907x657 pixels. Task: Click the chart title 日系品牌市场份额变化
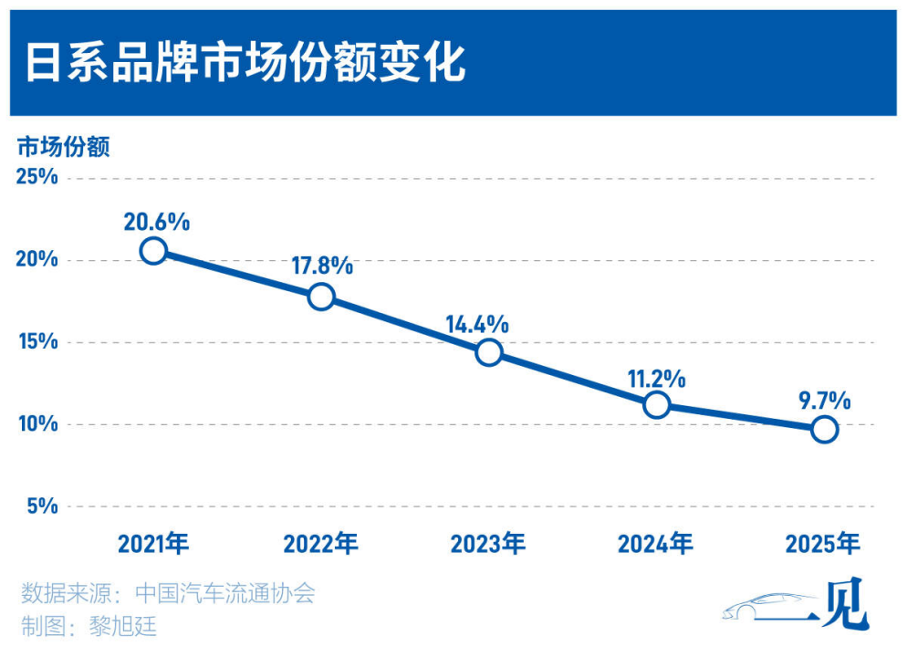pyautogui.click(x=245, y=63)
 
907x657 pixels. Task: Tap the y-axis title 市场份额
pyautogui.click(x=64, y=147)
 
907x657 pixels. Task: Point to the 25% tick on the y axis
pyautogui.click(x=38, y=177)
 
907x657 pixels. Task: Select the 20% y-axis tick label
pyautogui.click(x=38, y=260)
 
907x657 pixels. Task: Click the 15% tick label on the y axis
pyautogui.click(x=38, y=342)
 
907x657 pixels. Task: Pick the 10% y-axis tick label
pyautogui.click(x=38, y=424)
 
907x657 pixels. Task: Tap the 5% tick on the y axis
pyautogui.click(x=43, y=506)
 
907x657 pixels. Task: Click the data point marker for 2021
pyautogui.click(x=154, y=251)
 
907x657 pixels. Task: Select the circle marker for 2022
pyautogui.click(x=321, y=297)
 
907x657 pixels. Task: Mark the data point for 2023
pyautogui.click(x=489, y=352)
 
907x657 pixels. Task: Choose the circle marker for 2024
pyautogui.click(x=656, y=405)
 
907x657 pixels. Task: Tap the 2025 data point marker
pyautogui.click(x=824, y=429)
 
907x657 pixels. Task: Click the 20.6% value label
pyautogui.click(x=158, y=221)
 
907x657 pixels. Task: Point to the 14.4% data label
pyautogui.click(x=477, y=324)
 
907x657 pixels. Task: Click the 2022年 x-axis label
pyautogui.click(x=321, y=545)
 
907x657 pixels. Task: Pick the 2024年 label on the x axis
pyautogui.click(x=655, y=545)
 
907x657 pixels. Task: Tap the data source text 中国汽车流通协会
pyautogui.click(x=224, y=593)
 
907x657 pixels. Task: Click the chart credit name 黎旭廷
pyautogui.click(x=124, y=626)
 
